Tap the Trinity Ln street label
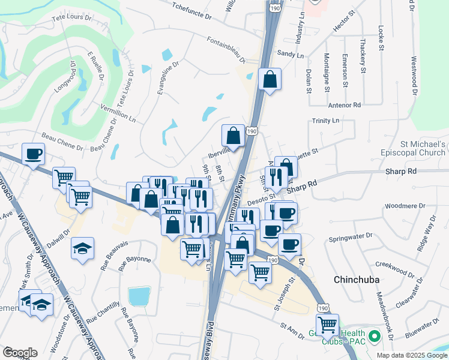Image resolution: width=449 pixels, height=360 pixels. point(326,121)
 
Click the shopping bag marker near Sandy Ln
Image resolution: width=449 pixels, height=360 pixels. point(270,79)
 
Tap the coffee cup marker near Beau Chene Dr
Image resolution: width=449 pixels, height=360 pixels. point(34,154)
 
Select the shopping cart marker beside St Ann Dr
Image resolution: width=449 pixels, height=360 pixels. point(327,325)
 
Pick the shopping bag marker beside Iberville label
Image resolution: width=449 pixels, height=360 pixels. point(233,136)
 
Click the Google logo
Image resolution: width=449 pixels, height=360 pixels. point(20,353)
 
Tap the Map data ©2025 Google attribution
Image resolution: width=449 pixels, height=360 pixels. point(411,355)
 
